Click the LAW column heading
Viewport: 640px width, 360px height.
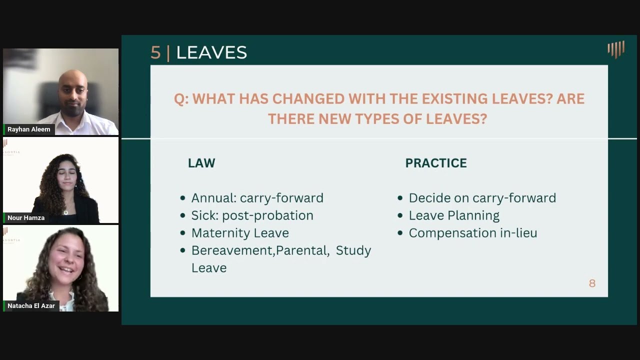(201, 163)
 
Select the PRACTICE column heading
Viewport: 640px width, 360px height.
(436, 163)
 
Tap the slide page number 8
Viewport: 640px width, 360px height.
(592, 283)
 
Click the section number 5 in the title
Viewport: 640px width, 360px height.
(155, 52)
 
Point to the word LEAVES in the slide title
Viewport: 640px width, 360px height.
(211, 52)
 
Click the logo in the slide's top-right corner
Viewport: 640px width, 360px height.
(616, 49)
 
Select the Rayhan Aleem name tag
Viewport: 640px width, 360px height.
(28, 129)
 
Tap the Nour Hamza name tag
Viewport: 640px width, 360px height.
(26, 217)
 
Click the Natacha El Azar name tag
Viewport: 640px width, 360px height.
(31, 305)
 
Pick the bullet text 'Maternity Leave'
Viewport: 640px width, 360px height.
(240, 233)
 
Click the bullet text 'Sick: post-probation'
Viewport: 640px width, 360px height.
(252, 215)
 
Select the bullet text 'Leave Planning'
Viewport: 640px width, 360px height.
(454, 215)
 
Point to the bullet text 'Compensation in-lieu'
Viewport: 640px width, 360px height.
(472, 233)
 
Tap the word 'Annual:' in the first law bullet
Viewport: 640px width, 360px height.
(213, 198)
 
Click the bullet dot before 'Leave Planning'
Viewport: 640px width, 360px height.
(400, 216)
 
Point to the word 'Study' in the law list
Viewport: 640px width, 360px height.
(353, 250)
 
